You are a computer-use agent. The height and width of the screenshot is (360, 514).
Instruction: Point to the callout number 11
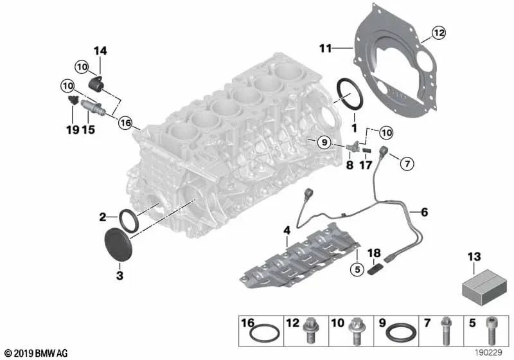325,48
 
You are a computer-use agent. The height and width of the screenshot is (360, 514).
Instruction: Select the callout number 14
100,51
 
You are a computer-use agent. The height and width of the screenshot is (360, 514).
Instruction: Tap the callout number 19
71,129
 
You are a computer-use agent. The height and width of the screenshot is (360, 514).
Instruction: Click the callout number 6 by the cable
423,211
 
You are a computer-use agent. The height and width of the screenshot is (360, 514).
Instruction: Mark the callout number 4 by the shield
287,229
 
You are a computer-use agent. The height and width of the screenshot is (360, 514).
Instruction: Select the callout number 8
350,165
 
